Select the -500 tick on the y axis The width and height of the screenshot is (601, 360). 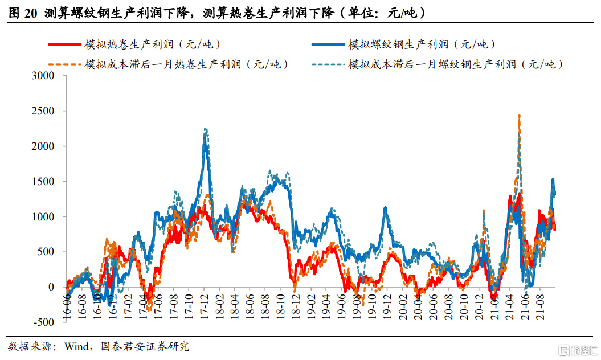pyautogui.click(x=49, y=322)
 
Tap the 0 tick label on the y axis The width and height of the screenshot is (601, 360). pyautogui.click(x=55, y=287)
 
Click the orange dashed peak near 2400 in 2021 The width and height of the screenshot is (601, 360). pyautogui.click(x=519, y=116)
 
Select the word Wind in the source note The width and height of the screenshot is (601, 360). pyautogui.click(x=76, y=346)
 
